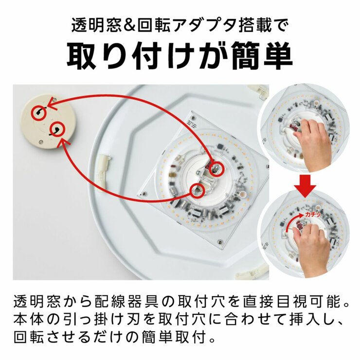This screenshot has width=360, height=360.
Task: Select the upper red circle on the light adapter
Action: [x=217, y=168]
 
